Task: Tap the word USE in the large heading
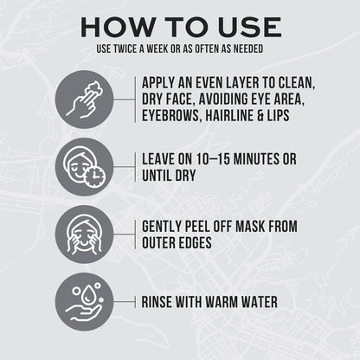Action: click(249, 27)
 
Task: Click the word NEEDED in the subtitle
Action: click(248, 48)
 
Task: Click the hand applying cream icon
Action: click(84, 100)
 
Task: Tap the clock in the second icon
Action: click(95, 176)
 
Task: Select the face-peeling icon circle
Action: click(84, 235)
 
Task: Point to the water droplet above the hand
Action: click(87, 296)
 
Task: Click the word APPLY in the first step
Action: click(158, 83)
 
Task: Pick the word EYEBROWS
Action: click(170, 115)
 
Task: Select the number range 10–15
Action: click(213, 159)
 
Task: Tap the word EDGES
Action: click(196, 242)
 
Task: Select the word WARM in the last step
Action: click(222, 302)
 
